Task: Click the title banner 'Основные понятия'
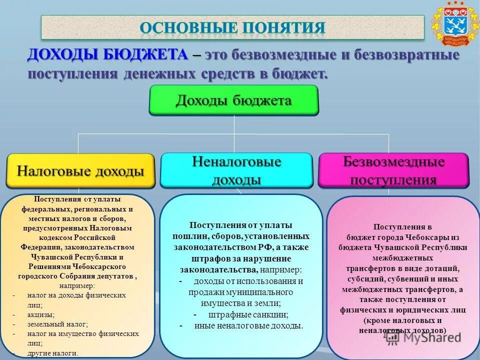232,27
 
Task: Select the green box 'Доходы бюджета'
233,100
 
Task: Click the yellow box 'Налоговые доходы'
80,171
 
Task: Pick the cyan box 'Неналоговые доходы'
236,170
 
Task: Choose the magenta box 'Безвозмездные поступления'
393,170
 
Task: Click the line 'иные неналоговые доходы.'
249,326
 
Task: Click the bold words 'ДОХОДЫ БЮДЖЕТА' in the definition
108,55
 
